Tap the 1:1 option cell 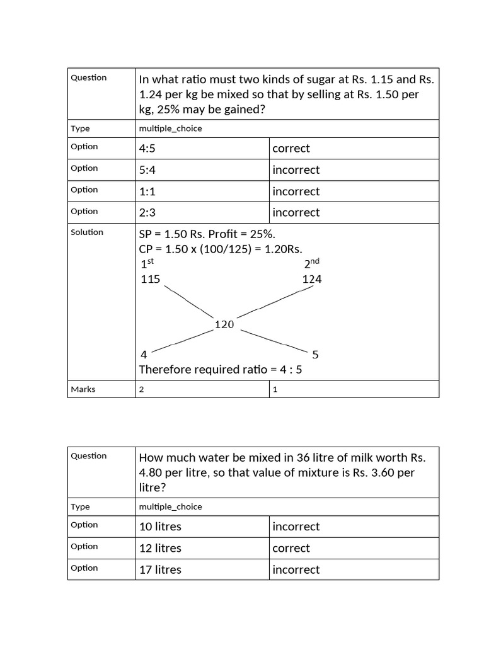click(149, 191)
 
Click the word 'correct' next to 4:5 click(291, 149)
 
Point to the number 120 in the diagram click(224, 324)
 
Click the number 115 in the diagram click(151, 279)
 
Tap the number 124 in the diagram click(312, 279)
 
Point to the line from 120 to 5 click(274, 340)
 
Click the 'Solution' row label click(87, 232)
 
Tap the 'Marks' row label click(83, 389)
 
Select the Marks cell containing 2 click(142, 389)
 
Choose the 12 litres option click(160, 548)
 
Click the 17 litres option click(160, 569)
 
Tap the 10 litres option click(160, 527)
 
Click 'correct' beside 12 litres click(291, 548)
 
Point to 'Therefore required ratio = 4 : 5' click(221, 369)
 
